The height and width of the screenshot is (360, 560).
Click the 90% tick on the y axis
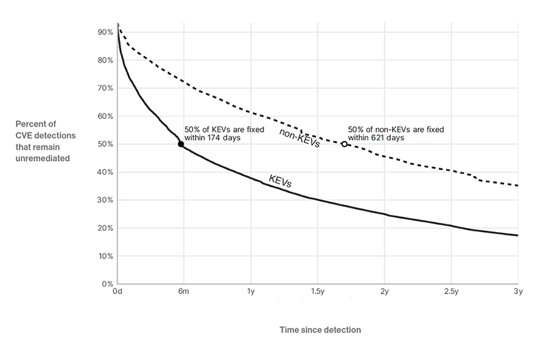tap(105, 32)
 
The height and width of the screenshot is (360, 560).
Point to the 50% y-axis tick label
tap(105, 144)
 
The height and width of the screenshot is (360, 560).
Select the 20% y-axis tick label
tap(105, 228)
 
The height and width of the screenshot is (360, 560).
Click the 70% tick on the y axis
tap(105, 88)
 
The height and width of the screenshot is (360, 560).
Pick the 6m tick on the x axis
tap(184, 291)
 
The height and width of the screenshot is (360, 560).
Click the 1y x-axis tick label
tap(250, 291)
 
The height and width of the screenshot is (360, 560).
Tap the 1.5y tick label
tap(318, 291)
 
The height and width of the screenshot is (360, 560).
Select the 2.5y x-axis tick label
tap(451, 291)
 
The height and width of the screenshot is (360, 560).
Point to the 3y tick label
tap(518, 291)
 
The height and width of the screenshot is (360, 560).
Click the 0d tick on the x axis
tap(117, 291)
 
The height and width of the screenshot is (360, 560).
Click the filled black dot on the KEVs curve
tap(181, 144)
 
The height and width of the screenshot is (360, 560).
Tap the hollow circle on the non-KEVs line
tap(344, 144)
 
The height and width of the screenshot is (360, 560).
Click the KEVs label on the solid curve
tap(279, 182)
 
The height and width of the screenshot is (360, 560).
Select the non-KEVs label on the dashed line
tap(299, 138)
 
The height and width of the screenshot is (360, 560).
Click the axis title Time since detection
tap(320, 330)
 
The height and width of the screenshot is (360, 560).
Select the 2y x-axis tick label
tap(384, 291)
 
